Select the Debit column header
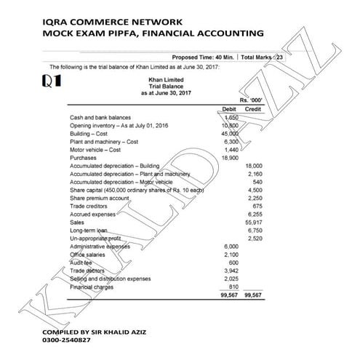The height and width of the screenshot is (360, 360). point(229,108)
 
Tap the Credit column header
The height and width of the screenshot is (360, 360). point(252,108)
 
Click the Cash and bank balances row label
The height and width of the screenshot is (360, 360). point(100,117)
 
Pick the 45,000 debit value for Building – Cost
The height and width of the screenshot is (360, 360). point(229,134)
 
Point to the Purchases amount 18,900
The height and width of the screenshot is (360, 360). point(229,158)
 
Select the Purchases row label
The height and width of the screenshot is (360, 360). point(84,158)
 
